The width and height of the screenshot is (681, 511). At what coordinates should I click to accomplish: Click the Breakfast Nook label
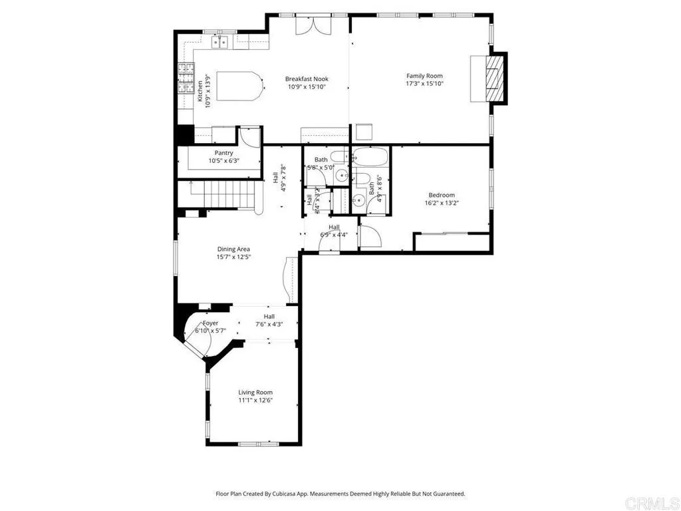(x=307, y=79)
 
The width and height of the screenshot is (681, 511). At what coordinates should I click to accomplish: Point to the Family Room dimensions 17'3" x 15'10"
(x=424, y=84)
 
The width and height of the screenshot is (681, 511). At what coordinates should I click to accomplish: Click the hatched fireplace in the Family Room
(x=492, y=79)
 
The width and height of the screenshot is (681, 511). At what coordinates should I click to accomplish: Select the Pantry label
(x=223, y=153)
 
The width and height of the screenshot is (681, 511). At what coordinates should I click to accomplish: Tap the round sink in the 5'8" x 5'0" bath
(x=340, y=176)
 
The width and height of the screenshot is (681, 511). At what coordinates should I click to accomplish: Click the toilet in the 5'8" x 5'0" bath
(x=337, y=158)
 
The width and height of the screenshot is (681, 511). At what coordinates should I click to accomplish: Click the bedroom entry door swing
(x=369, y=237)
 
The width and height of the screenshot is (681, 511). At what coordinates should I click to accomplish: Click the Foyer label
(x=210, y=323)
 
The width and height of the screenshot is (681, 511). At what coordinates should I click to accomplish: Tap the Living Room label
(x=255, y=393)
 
